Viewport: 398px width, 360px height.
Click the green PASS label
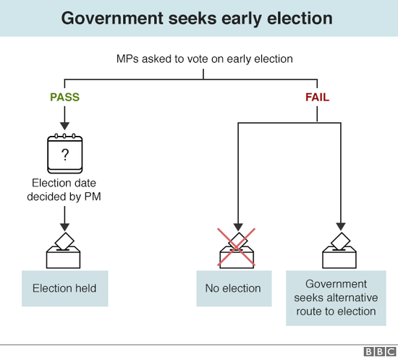coord(64,97)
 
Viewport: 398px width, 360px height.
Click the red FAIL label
coord(317,97)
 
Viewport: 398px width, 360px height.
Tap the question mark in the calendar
coord(65,155)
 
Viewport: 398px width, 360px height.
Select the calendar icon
coord(65,153)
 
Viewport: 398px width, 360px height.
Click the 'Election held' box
coord(65,288)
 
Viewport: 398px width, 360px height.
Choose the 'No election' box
coord(234,288)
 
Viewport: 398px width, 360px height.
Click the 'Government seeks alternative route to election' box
coord(336,298)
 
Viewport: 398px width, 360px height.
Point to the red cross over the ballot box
coord(237,247)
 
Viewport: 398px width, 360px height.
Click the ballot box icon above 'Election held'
coord(64,250)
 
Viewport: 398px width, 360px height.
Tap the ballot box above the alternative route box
coord(339,250)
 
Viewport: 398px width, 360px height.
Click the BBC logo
coord(380,352)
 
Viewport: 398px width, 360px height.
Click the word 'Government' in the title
coord(112,18)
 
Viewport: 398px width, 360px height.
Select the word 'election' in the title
coord(300,18)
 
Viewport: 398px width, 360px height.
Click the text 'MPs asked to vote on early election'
coord(205,59)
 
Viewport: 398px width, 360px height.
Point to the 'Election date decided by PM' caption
coord(64,189)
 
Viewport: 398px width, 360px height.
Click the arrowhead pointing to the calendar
coord(64,126)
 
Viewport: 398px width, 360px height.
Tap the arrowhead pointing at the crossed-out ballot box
coord(238,228)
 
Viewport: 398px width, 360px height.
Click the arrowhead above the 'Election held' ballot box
coord(64,228)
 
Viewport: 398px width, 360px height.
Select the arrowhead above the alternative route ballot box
coord(341,227)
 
